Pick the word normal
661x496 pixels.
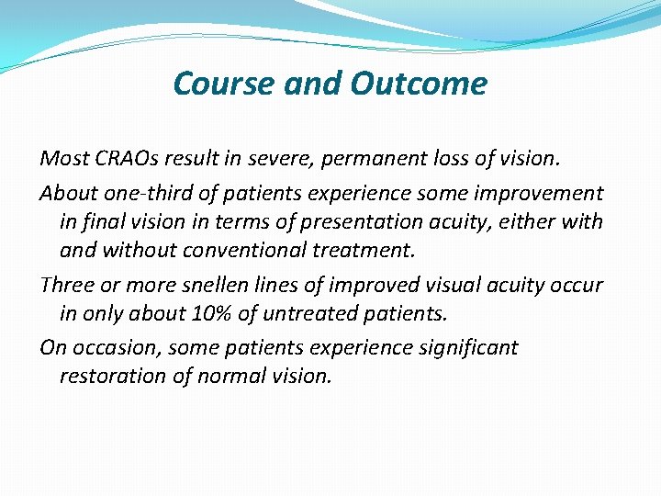tap(230, 376)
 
